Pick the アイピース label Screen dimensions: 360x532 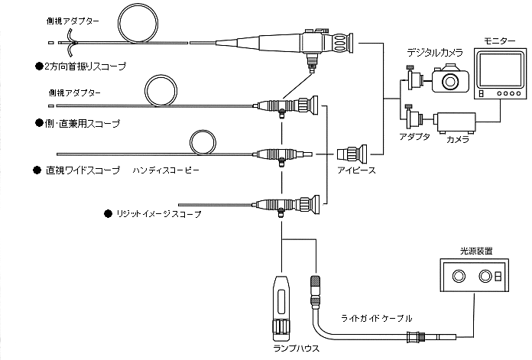[x=355, y=170]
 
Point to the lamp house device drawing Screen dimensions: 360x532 [x=282, y=306]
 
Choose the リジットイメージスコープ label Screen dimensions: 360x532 [x=157, y=215]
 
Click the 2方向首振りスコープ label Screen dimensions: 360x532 [x=85, y=66]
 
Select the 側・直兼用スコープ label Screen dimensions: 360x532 [x=82, y=122]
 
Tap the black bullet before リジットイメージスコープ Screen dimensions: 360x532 [x=106, y=215]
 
